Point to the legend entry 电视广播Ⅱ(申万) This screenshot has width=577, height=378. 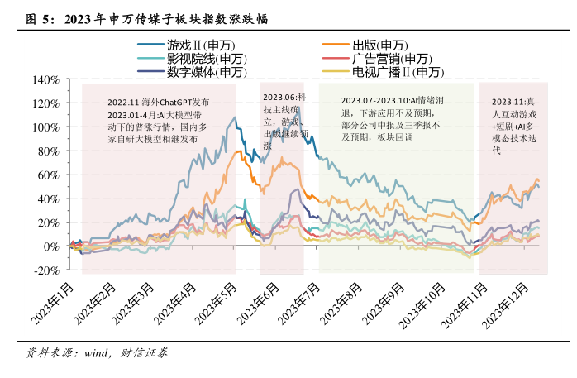point(398,72)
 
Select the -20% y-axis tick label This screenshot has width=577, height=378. point(43,270)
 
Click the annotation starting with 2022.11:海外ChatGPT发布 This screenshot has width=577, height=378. point(157,121)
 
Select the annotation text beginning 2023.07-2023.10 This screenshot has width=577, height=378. point(394,118)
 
